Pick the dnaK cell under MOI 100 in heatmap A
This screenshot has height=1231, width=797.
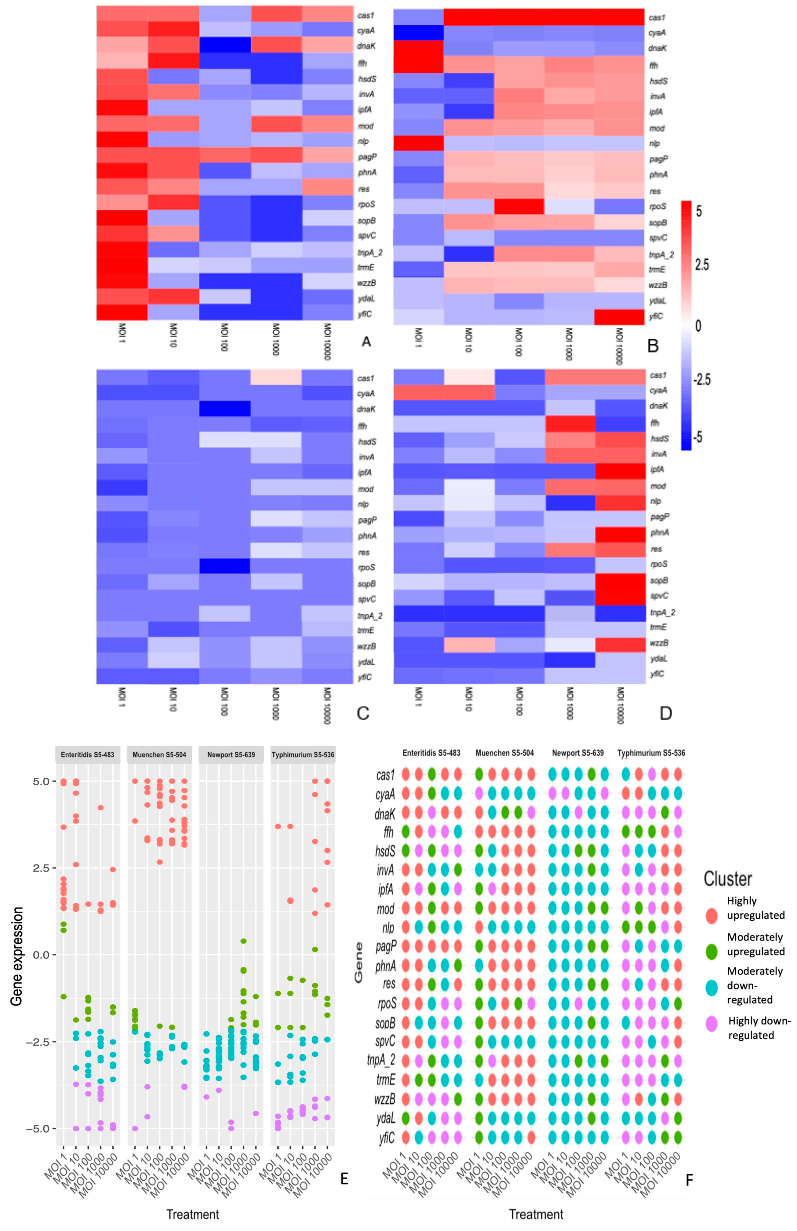(224, 46)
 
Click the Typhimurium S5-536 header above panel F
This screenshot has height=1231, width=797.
(651, 753)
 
